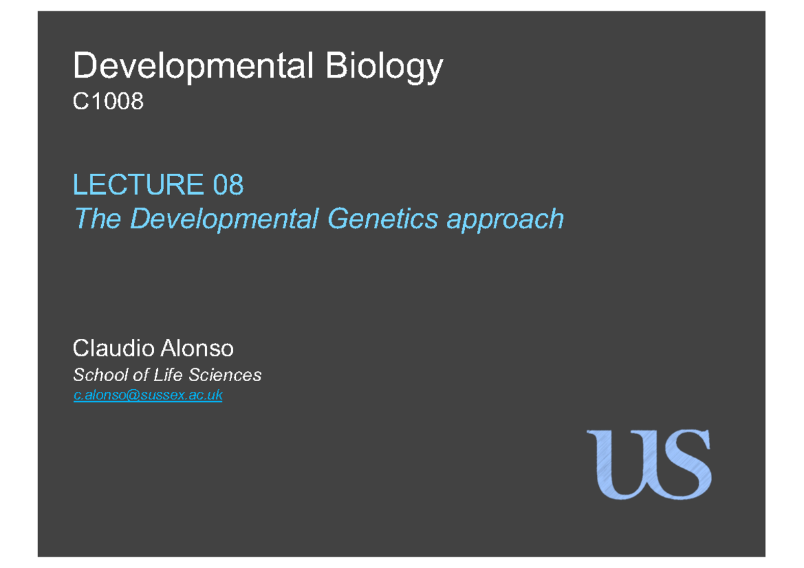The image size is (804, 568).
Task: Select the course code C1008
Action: (x=108, y=102)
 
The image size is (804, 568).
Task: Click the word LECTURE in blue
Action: (x=138, y=185)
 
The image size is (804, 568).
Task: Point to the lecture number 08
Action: (x=228, y=185)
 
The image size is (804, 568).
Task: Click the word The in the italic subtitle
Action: (x=96, y=218)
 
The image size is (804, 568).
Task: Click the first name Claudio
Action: (x=111, y=348)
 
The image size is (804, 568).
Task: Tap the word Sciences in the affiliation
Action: (x=224, y=375)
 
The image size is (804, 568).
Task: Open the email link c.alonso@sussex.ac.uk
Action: (x=147, y=396)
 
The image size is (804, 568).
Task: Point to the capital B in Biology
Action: (x=337, y=67)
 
